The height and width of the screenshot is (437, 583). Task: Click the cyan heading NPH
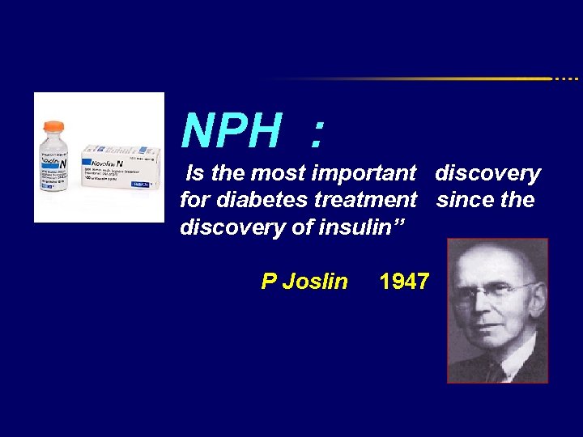232,131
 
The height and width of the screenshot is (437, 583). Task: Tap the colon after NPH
317,134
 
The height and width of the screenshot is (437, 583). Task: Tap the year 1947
404,282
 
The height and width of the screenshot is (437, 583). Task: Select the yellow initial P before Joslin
269,282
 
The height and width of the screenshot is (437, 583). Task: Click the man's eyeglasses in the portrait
494,291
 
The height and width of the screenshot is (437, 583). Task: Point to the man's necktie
495,371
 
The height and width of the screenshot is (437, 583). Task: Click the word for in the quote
194,200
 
